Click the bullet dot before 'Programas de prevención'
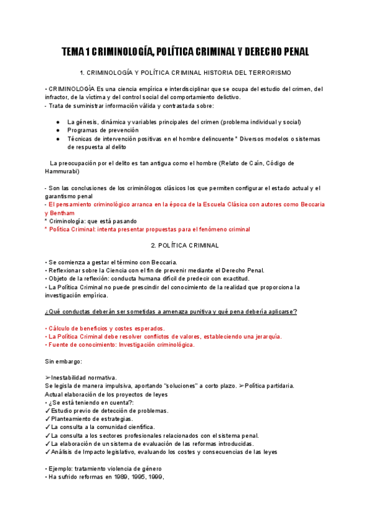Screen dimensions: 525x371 pyautogui.click(x=58, y=131)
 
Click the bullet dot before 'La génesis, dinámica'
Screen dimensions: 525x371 pyautogui.click(x=58, y=122)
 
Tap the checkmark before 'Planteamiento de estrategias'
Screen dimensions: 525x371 pyautogui.click(x=48, y=419)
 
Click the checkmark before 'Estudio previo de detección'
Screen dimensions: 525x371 pyautogui.click(x=48, y=410)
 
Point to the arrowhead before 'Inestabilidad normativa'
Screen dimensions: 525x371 pyautogui.click(x=48, y=378)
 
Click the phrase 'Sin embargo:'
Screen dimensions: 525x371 pyautogui.click(x=63, y=361)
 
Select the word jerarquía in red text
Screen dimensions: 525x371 pyautogui.click(x=268, y=336)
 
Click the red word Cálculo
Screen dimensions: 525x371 pyautogui.click(x=61, y=328)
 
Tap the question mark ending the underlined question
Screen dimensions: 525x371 pyautogui.click(x=296, y=311)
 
